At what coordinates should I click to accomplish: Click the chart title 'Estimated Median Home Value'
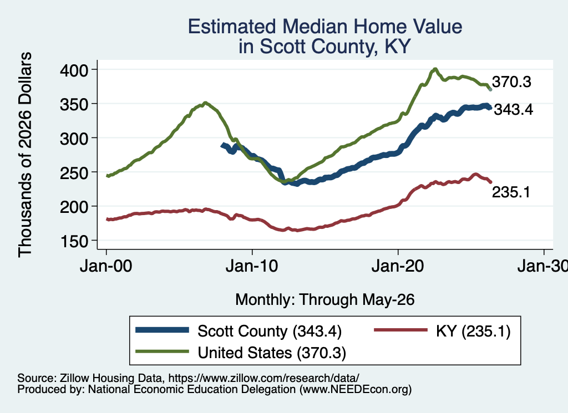point(325,27)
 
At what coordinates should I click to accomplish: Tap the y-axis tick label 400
point(74,70)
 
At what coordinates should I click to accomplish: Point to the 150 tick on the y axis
point(74,241)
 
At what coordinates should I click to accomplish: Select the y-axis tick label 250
point(74,172)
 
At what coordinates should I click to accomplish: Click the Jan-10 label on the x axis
point(252,267)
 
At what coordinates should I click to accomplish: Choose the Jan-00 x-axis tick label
point(106,267)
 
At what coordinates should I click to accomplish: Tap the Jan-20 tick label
point(398,267)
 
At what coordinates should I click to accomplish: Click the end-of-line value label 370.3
point(511,82)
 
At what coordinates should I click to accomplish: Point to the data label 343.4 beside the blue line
point(513,109)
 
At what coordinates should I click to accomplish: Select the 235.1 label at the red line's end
point(511,192)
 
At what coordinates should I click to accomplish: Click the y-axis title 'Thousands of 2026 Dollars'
point(25,155)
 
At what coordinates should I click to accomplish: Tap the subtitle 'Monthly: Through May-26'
point(325,300)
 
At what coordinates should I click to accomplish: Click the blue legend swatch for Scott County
point(163,330)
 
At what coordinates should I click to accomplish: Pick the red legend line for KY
point(400,330)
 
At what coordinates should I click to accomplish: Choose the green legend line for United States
point(163,351)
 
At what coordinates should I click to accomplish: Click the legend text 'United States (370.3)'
point(272,353)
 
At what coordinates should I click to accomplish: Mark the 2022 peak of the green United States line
point(435,69)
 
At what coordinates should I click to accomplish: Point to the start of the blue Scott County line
point(222,145)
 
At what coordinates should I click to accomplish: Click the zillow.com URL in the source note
point(264,378)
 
